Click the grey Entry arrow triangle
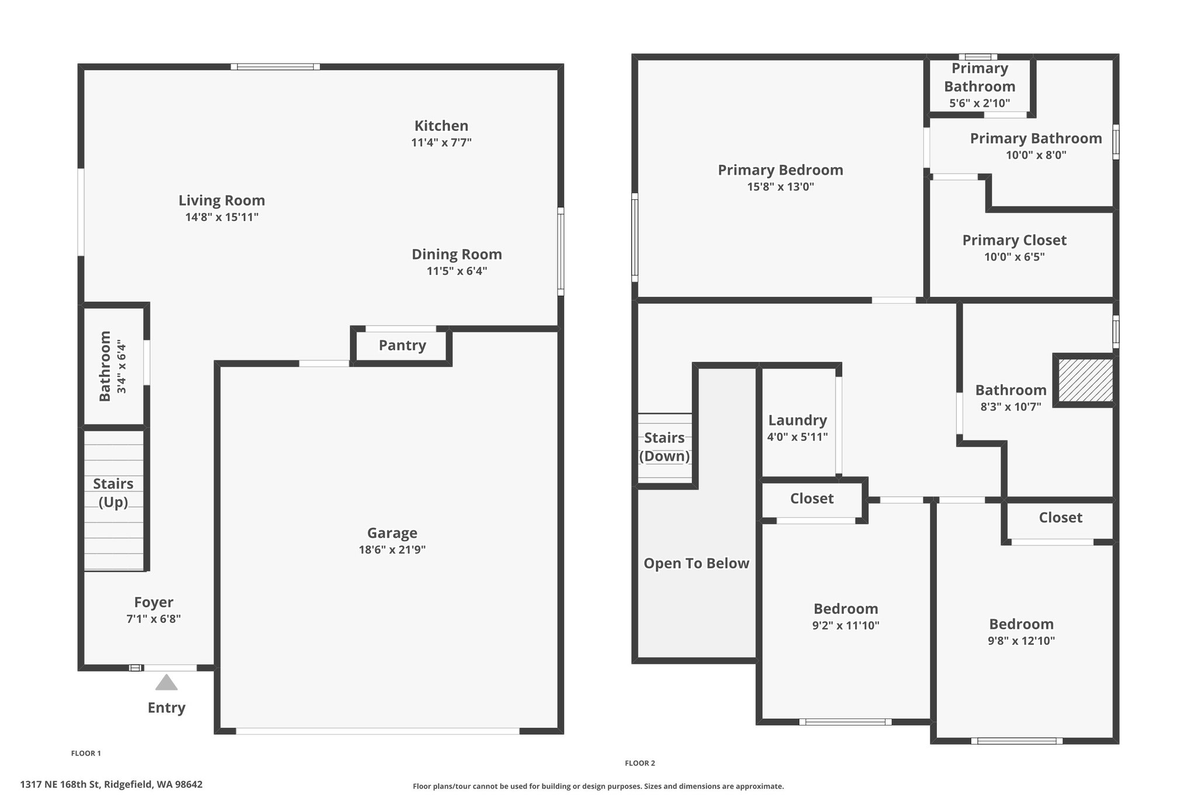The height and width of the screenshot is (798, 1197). pos(167,682)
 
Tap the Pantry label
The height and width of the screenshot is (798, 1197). pos(402,345)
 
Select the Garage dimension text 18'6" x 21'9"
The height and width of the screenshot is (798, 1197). pos(392,550)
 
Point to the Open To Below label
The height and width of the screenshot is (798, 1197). pos(696,563)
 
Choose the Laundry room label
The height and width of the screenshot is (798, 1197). pos(797,420)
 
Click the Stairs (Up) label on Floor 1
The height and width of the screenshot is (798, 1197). pos(113,493)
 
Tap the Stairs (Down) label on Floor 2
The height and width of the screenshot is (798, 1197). pos(665,447)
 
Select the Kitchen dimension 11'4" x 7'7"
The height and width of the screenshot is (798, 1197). pos(441,142)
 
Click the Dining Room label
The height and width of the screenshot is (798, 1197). pos(456,254)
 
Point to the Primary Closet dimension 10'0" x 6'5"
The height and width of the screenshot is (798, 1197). pos(1014,257)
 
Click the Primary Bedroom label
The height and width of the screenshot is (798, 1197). pos(780,170)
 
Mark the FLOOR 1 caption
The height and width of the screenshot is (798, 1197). pos(86,753)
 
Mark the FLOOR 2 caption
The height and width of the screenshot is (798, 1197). pos(640,763)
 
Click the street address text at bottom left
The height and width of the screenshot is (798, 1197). pos(111,784)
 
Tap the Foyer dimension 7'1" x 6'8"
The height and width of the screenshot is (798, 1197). pos(154,619)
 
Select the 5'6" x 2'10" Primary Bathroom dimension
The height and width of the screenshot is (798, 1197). pos(980,103)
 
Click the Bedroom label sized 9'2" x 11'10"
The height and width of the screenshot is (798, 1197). pos(846,609)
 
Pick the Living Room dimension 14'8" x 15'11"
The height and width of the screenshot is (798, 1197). pos(222,217)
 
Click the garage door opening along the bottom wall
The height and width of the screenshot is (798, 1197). pos(378,731)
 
